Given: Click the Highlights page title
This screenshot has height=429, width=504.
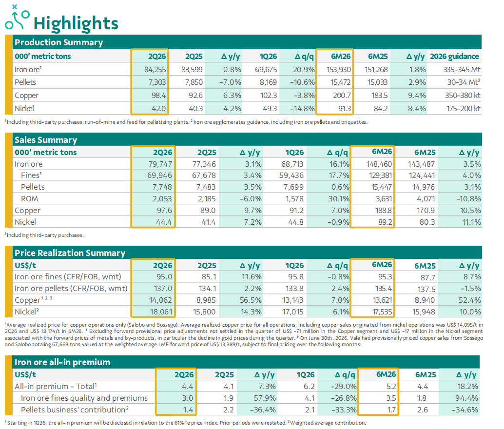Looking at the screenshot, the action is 76,23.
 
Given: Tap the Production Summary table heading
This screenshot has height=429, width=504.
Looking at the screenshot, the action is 59,42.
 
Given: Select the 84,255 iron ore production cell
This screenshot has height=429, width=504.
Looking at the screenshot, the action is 155,69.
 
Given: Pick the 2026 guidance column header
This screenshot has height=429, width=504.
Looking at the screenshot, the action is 454,56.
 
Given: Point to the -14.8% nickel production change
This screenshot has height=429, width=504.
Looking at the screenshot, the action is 302,109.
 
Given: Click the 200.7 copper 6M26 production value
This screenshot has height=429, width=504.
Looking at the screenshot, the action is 342,96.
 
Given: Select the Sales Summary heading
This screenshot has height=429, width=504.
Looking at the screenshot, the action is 46,140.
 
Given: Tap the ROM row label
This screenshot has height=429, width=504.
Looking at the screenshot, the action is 29,199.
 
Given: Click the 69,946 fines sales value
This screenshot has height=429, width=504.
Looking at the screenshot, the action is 160,175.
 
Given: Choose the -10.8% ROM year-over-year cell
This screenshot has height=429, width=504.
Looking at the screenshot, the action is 468,199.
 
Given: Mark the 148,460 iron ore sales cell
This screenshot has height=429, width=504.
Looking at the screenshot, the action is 379,164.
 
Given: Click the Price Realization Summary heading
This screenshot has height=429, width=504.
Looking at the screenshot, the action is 70,253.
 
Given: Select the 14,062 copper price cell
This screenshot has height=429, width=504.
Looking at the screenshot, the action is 160,300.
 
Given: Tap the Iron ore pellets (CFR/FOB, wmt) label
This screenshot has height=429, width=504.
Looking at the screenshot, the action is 71,289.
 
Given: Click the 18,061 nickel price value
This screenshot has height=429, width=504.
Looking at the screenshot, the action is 161,312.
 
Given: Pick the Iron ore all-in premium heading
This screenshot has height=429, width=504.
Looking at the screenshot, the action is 62,362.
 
